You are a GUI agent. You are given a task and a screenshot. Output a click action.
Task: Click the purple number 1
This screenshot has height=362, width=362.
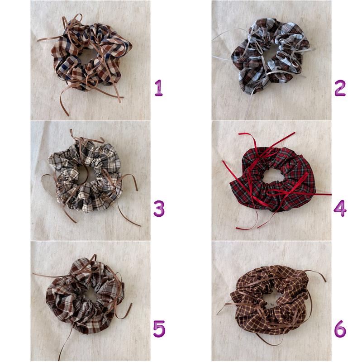[159, 88]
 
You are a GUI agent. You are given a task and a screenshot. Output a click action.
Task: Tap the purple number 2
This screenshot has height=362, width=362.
[340, 88]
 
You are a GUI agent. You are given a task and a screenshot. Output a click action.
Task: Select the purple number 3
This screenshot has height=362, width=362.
[159, 209]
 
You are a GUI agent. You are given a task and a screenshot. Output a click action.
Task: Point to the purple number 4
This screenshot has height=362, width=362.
[340, 209]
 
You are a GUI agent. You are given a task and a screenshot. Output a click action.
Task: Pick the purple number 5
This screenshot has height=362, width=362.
[159, 329]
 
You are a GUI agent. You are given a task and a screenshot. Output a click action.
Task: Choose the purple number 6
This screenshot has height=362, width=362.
[340, 329]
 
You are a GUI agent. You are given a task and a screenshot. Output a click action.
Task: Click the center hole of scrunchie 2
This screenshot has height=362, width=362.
[271, 55]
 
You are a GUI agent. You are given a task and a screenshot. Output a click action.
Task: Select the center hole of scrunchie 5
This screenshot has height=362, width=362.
[90, 295]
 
